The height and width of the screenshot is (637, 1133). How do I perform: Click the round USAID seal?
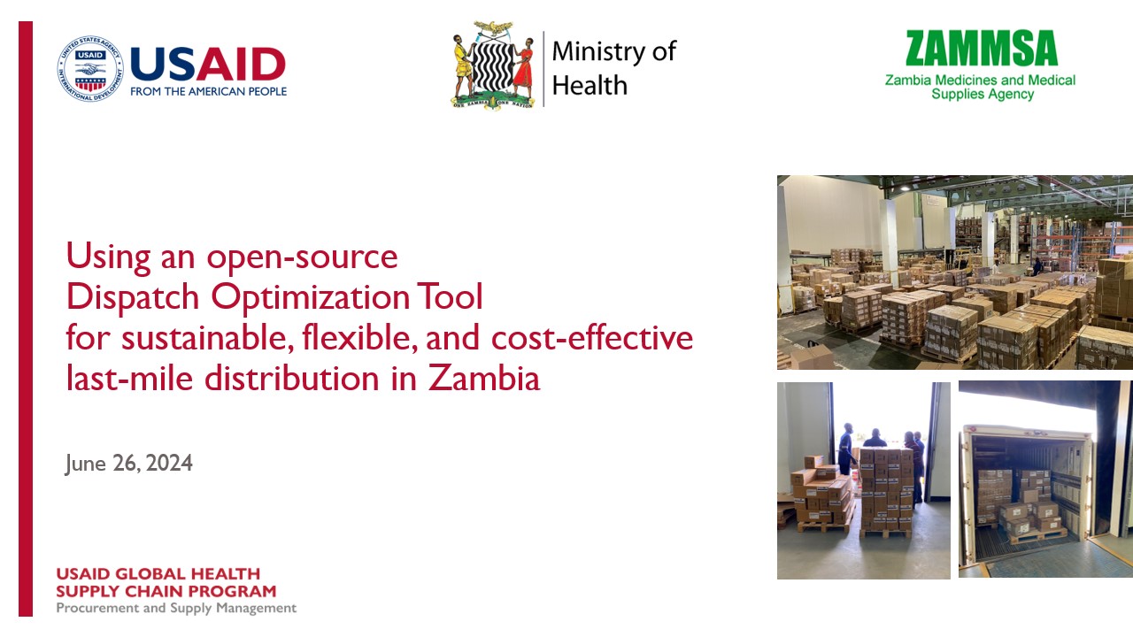pos(90,68)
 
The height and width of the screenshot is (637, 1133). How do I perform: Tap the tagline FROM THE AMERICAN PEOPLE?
pos(208,91)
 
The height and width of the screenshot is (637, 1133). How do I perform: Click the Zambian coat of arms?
pos(493,65)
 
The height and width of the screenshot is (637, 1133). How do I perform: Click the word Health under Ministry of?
pos(590,85)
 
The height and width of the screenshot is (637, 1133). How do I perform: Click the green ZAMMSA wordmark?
pos(982,48)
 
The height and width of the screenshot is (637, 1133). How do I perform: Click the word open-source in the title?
pos(302,257)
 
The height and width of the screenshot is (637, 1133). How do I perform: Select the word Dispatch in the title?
pos(133,297)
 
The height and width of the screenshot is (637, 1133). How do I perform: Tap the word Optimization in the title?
pos(310,297)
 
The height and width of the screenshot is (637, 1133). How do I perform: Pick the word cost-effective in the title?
pos(592,338)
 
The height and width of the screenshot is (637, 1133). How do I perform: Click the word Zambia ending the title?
pos(484,378)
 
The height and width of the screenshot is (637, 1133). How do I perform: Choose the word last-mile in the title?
pos(129,378)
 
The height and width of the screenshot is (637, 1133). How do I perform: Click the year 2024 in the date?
pos(169,463)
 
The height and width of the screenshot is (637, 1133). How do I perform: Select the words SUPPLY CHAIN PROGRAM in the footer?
pos(166,591)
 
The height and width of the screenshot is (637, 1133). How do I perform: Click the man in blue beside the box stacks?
pos(846,449)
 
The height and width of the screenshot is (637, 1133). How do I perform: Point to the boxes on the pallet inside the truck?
pos(1029,518)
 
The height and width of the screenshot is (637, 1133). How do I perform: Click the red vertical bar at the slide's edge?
pos(26,318)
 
